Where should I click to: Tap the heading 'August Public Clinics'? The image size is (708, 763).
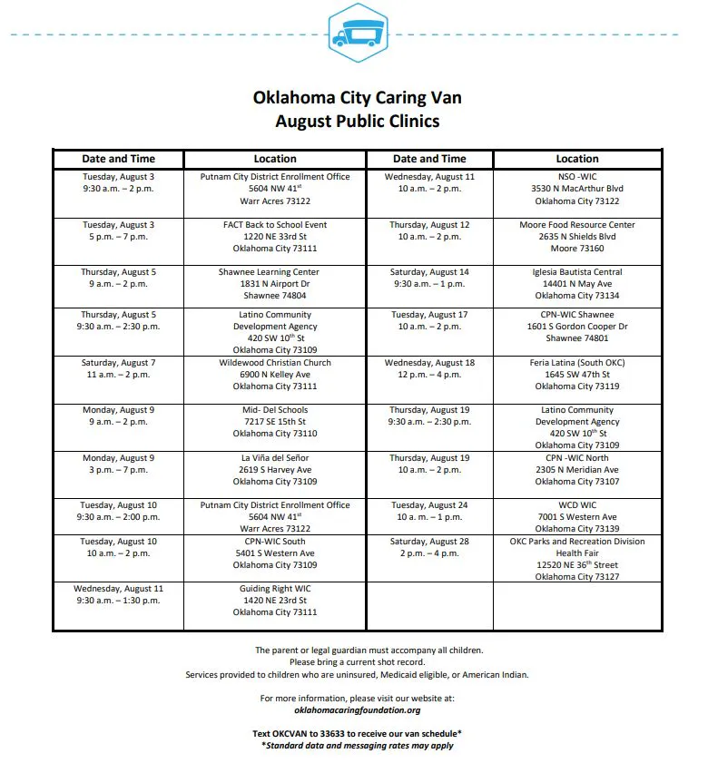pyautogui.click(x=357, y=121)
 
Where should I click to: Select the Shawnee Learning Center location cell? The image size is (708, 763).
pyautogui.click(x=275, y=283)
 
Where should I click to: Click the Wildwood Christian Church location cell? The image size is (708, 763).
pyautogui.click(x=275, y=374)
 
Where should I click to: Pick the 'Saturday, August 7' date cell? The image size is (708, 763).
pyautogui.click(x=119, y=368)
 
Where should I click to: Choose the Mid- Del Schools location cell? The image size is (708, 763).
pyautogui.click(x=275, y=421)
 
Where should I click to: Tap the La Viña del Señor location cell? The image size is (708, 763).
pyautogui.click(x=275, y=469)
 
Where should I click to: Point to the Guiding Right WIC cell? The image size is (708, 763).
pyautogui.click(x=275, y=601)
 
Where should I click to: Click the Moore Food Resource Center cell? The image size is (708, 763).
pyautogui.click(x=577, y=236)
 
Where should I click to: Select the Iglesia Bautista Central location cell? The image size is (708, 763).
pyautogui.click(x=577, y=283)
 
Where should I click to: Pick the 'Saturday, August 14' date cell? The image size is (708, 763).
pyautogui.click(x=429, y=278)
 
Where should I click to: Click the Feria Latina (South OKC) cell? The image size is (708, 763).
pyautogui.click(x=577, y=374)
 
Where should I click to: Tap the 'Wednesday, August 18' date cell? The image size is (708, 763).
pyautogui.click(x=429, y=368)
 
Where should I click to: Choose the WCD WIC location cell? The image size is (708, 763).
pyautogui.click(x=577, y=517)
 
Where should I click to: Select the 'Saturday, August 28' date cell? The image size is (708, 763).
pyautogui.click(x=429, y=547)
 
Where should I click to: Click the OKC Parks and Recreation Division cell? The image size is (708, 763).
pyautogui.click(x=577, y=559)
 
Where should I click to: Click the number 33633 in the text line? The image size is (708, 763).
pyautogui.click(x=333, y=733)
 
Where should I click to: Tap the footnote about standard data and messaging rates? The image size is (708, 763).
pyautogui.click(x=358, y=745)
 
